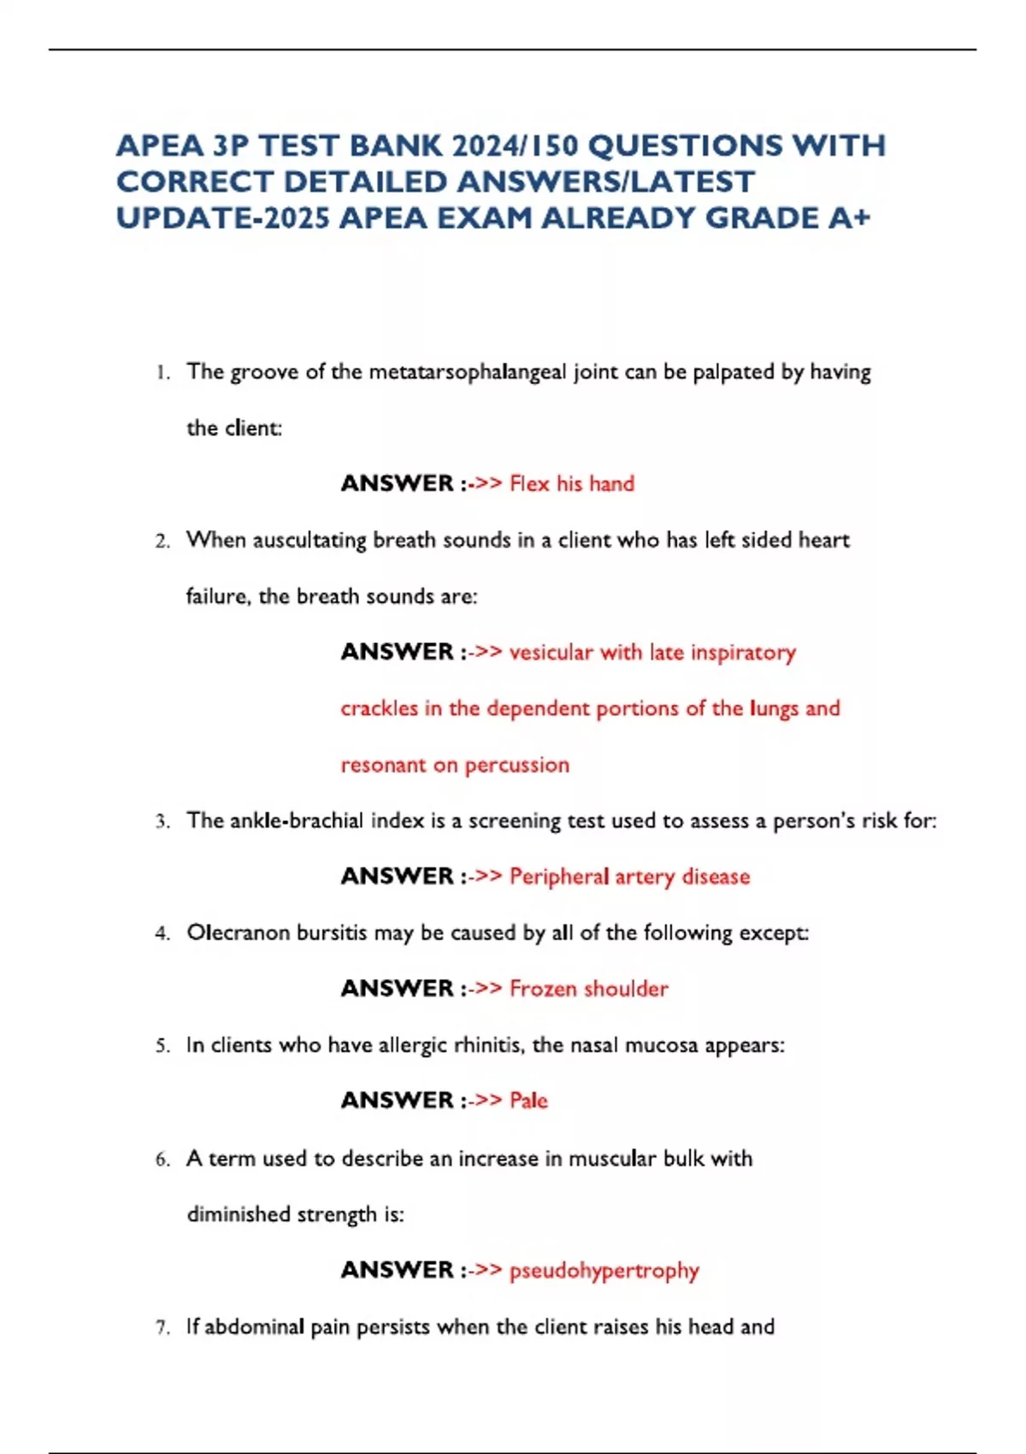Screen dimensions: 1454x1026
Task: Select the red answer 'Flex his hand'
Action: pyautogui.click(x=572, y=484)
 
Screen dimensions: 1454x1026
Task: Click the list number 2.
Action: pyautogui.click(x=162, y=541)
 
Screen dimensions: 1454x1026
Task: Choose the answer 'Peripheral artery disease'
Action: pyautogui.click(x=629, y=877)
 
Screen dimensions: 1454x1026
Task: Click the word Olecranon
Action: pyautogui.click(x=239, y=932)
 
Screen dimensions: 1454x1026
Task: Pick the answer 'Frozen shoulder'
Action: pyautogui.click(x=588, y=989)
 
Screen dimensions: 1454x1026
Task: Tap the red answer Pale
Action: pyautogui.click(x=528, y=1101)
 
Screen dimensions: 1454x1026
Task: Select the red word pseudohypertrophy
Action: pyautogui.click(x=604, y=1271)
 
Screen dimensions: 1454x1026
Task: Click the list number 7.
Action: pyautogui.click(x=162, y=1328)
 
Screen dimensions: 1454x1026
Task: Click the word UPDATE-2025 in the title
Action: pyautogui.click(x=222, y=218)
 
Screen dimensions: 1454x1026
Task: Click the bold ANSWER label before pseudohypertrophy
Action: pyautogui.click(x=397, y=1270)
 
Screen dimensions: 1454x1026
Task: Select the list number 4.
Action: pyautogui.click(x=162, y=934)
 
